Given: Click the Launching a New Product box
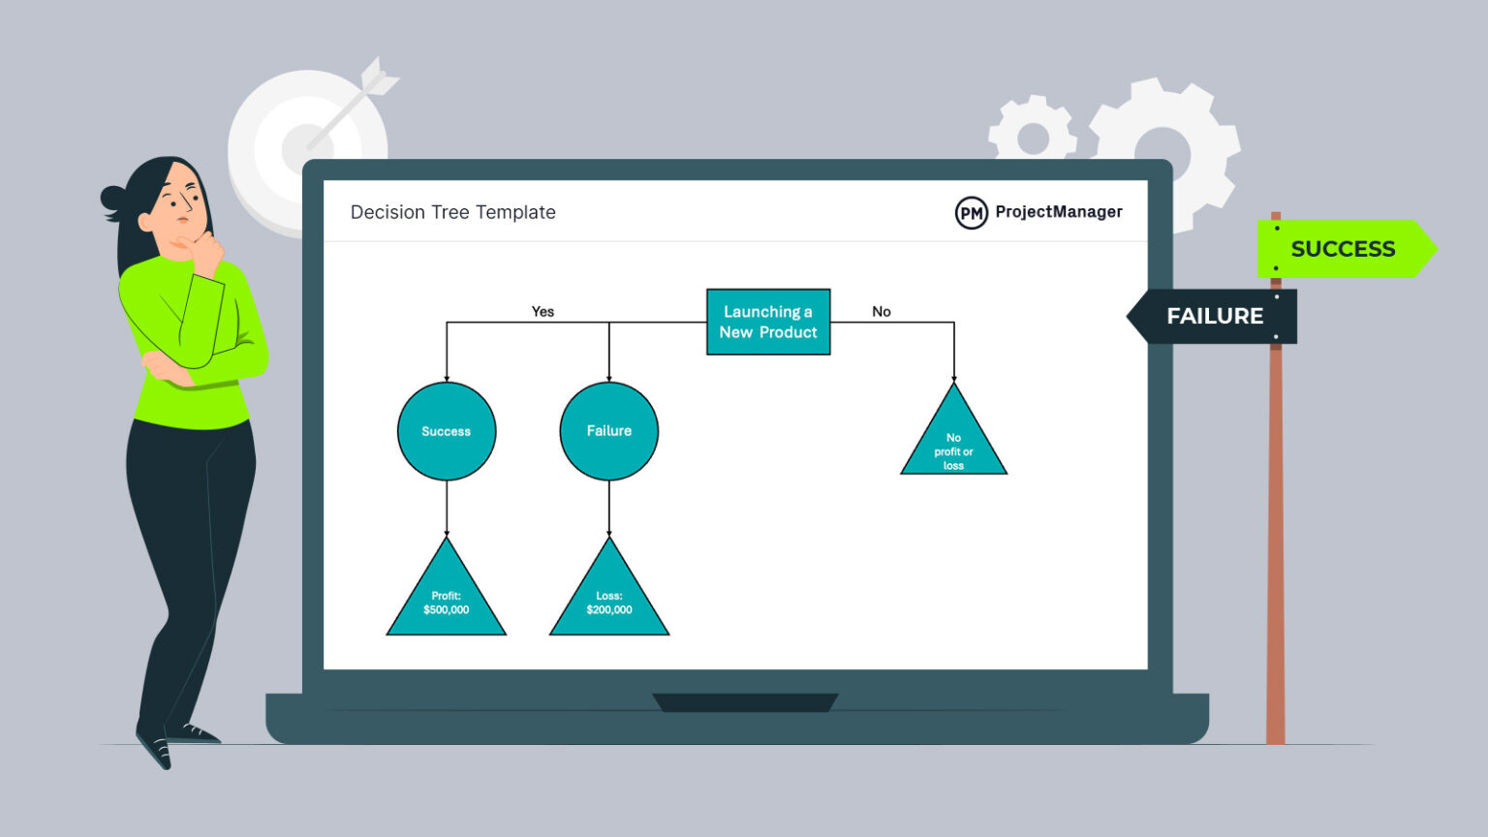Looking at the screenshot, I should [x=768, y=322].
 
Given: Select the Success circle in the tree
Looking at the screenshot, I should [x=447, y=431].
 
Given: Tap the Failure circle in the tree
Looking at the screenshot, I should [x=609, y=431].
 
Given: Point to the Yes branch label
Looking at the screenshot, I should [x=542, y=311].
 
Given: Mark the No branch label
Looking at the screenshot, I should [x=881, y=311].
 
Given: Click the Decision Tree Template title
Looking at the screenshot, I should [x=452, y=212].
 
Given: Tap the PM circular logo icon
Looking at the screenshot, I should [x=971, y=213].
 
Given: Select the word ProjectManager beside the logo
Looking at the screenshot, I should [x=1059, y=211].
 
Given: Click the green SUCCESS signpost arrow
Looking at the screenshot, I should [x=1344, y=249].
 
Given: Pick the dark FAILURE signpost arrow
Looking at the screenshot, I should [x=1213, y=316].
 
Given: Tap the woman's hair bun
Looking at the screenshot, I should [x=112, y=199].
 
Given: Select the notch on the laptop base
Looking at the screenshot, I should [x=745, y=702].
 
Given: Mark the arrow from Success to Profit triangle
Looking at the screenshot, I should [x=447, y=508].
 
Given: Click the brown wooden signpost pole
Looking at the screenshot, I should [x=1276, y=542].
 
